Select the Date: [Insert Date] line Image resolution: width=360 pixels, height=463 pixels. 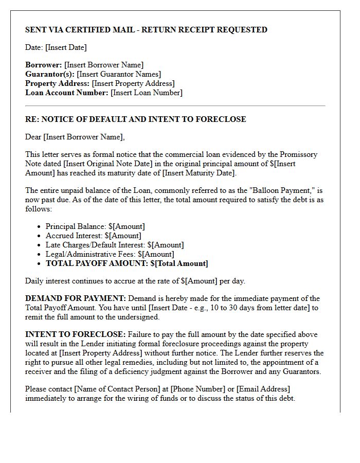tap(56, 47)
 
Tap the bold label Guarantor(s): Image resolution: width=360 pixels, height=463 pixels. tap(50, 74)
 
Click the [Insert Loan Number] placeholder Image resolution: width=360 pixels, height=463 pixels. tap(147, 93)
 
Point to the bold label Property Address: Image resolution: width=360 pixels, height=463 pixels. tap(58, 83)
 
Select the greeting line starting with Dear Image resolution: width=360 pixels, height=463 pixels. tap(75, 137)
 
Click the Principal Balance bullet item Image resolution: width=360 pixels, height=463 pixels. tap(95, 226)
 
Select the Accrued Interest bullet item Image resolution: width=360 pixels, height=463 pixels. tap(94, 236)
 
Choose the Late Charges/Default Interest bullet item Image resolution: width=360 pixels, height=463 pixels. tap(114, 245)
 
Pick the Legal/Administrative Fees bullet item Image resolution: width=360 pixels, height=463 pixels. tap(110, 254)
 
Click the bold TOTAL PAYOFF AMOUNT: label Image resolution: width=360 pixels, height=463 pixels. tap(97, 263)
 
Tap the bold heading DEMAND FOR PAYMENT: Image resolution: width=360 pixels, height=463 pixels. tap(76, 298)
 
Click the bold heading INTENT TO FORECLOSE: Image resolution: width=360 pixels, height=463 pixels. tap(75, 334)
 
